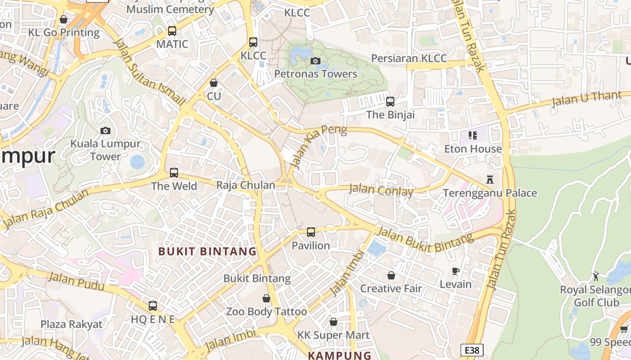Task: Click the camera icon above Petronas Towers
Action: point(315,61)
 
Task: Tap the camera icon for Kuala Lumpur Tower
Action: point(105,131)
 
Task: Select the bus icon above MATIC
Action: point(172,31)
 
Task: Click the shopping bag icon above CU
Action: point(214,83)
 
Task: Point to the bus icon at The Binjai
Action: point(390,102)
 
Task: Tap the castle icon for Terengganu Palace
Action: point(490,180)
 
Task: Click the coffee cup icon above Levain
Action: point(456,271)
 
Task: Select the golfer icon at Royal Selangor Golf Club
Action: point(596,276)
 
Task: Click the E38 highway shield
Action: point(472,350)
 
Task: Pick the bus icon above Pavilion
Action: point(311,232)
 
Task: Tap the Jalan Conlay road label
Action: point(381,190)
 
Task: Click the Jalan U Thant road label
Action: point(590,99)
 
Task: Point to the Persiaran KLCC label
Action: point(409,58)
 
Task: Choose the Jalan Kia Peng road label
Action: point(319,147)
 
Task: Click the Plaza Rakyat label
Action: point(72,324)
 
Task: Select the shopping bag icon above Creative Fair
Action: point(391,275)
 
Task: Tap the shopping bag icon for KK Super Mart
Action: point(334,322)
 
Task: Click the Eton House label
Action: point(473,149)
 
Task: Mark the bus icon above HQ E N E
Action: point(153,306)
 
